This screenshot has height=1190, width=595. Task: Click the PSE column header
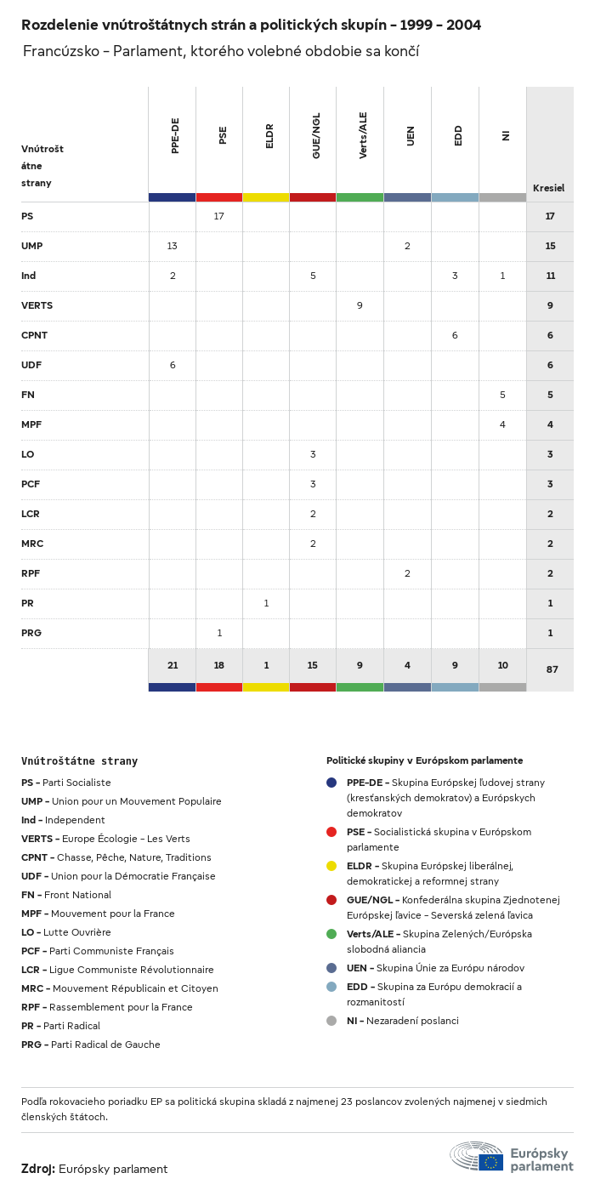[x=223, y=135]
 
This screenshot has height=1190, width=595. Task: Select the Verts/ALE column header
[x=364, y=135]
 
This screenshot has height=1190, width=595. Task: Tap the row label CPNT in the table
[x=34, y=335]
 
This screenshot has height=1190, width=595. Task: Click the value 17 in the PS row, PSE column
[x=219, y=216]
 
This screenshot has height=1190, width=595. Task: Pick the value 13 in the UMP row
[x=173, y=246]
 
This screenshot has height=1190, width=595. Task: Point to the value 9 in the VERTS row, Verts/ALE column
[x=360, y=305]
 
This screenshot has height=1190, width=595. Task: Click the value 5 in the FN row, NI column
[x=502, y=395]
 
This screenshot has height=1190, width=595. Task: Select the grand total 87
[x=552, y=669]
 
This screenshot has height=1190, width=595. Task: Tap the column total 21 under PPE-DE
[x=173, y=665]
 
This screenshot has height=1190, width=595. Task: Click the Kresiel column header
[x=548, y=188]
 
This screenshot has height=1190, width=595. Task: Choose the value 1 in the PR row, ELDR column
[x=266, y=603]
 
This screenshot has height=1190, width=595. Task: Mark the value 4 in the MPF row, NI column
[x=502, y=424]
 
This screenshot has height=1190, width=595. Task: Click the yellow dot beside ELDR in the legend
[x=331, y=866]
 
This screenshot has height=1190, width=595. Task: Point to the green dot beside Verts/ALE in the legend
[x=331, y=934]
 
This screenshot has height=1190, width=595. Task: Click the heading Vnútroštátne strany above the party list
[x=79, y=761]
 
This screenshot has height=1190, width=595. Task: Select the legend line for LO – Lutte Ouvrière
[x=66, y=932]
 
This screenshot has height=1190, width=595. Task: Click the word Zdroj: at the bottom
[x=38, y=1169]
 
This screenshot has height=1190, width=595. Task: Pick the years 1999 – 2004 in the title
[x=435, y=26]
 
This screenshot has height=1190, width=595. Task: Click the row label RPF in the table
[x=31, y=573]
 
